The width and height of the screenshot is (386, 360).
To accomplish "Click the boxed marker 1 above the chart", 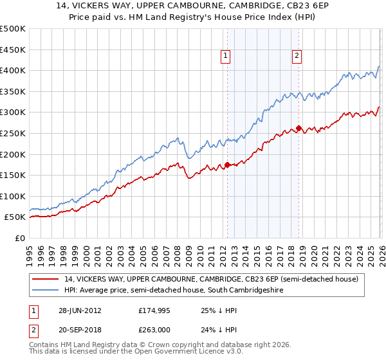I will [226, 57].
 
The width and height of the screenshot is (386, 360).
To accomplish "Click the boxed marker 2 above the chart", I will [297, 57].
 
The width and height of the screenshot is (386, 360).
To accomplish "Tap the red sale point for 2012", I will [227, 165].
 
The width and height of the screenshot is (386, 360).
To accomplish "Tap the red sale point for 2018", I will [299, 128].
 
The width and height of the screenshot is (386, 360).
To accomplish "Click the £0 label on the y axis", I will [20, 238].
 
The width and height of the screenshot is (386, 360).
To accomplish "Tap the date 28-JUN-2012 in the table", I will [80, 310].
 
